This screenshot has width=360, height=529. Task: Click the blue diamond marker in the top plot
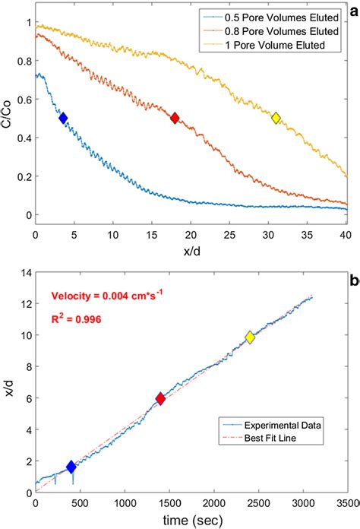[x=63, y=118]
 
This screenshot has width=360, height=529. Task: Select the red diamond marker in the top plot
[x=175, y=118]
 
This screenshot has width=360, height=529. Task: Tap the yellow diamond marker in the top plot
[x=276, y=118]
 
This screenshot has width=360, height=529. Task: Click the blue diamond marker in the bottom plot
[x=71, y=467]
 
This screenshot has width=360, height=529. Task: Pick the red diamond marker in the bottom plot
[x=160, y=399]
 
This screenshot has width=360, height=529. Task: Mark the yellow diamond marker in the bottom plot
[x=250, y=337]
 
